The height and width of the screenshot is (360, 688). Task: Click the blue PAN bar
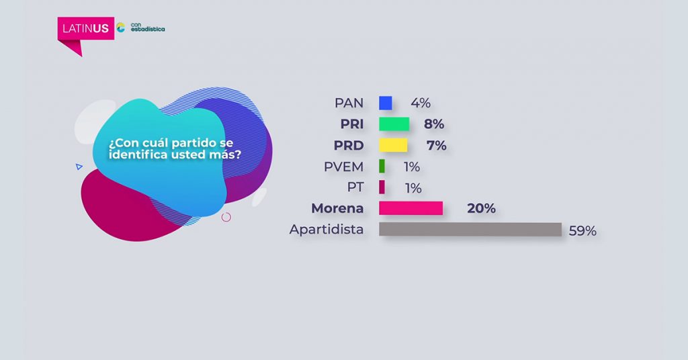click(x=385, y=103)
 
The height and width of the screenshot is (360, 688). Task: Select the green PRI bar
click(x=394, y=124)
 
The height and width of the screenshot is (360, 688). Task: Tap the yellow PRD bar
click(x=393, y=145)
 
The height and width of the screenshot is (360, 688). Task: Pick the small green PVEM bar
click(x=382, y=166)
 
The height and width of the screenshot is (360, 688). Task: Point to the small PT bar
click(x=382, y=187)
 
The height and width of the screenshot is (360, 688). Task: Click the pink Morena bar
click(x=411, y=208)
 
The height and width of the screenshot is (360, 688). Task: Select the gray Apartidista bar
click(x=470, y=229)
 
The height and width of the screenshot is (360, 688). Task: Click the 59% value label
click(x=583, y=231)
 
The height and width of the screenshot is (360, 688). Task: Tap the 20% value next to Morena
click(x=481, y=208)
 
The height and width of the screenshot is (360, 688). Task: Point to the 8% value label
click(x=434, y=124)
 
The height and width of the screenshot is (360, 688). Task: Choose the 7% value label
click(x=436, y=145)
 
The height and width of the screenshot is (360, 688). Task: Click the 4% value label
click(x=421, y=103)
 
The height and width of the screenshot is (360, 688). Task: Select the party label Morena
click(x=337, y=208)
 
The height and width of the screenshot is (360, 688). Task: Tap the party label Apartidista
click(x=327, y=230)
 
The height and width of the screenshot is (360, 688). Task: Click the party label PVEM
click(x=343, y=167)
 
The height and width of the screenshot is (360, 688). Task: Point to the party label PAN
click(x=349, y=103)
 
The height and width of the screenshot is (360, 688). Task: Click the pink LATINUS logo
click(x=85, y=29)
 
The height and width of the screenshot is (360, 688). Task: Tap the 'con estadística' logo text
click(x=148, y=27)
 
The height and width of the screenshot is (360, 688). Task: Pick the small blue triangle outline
click(x=79, y=167)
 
